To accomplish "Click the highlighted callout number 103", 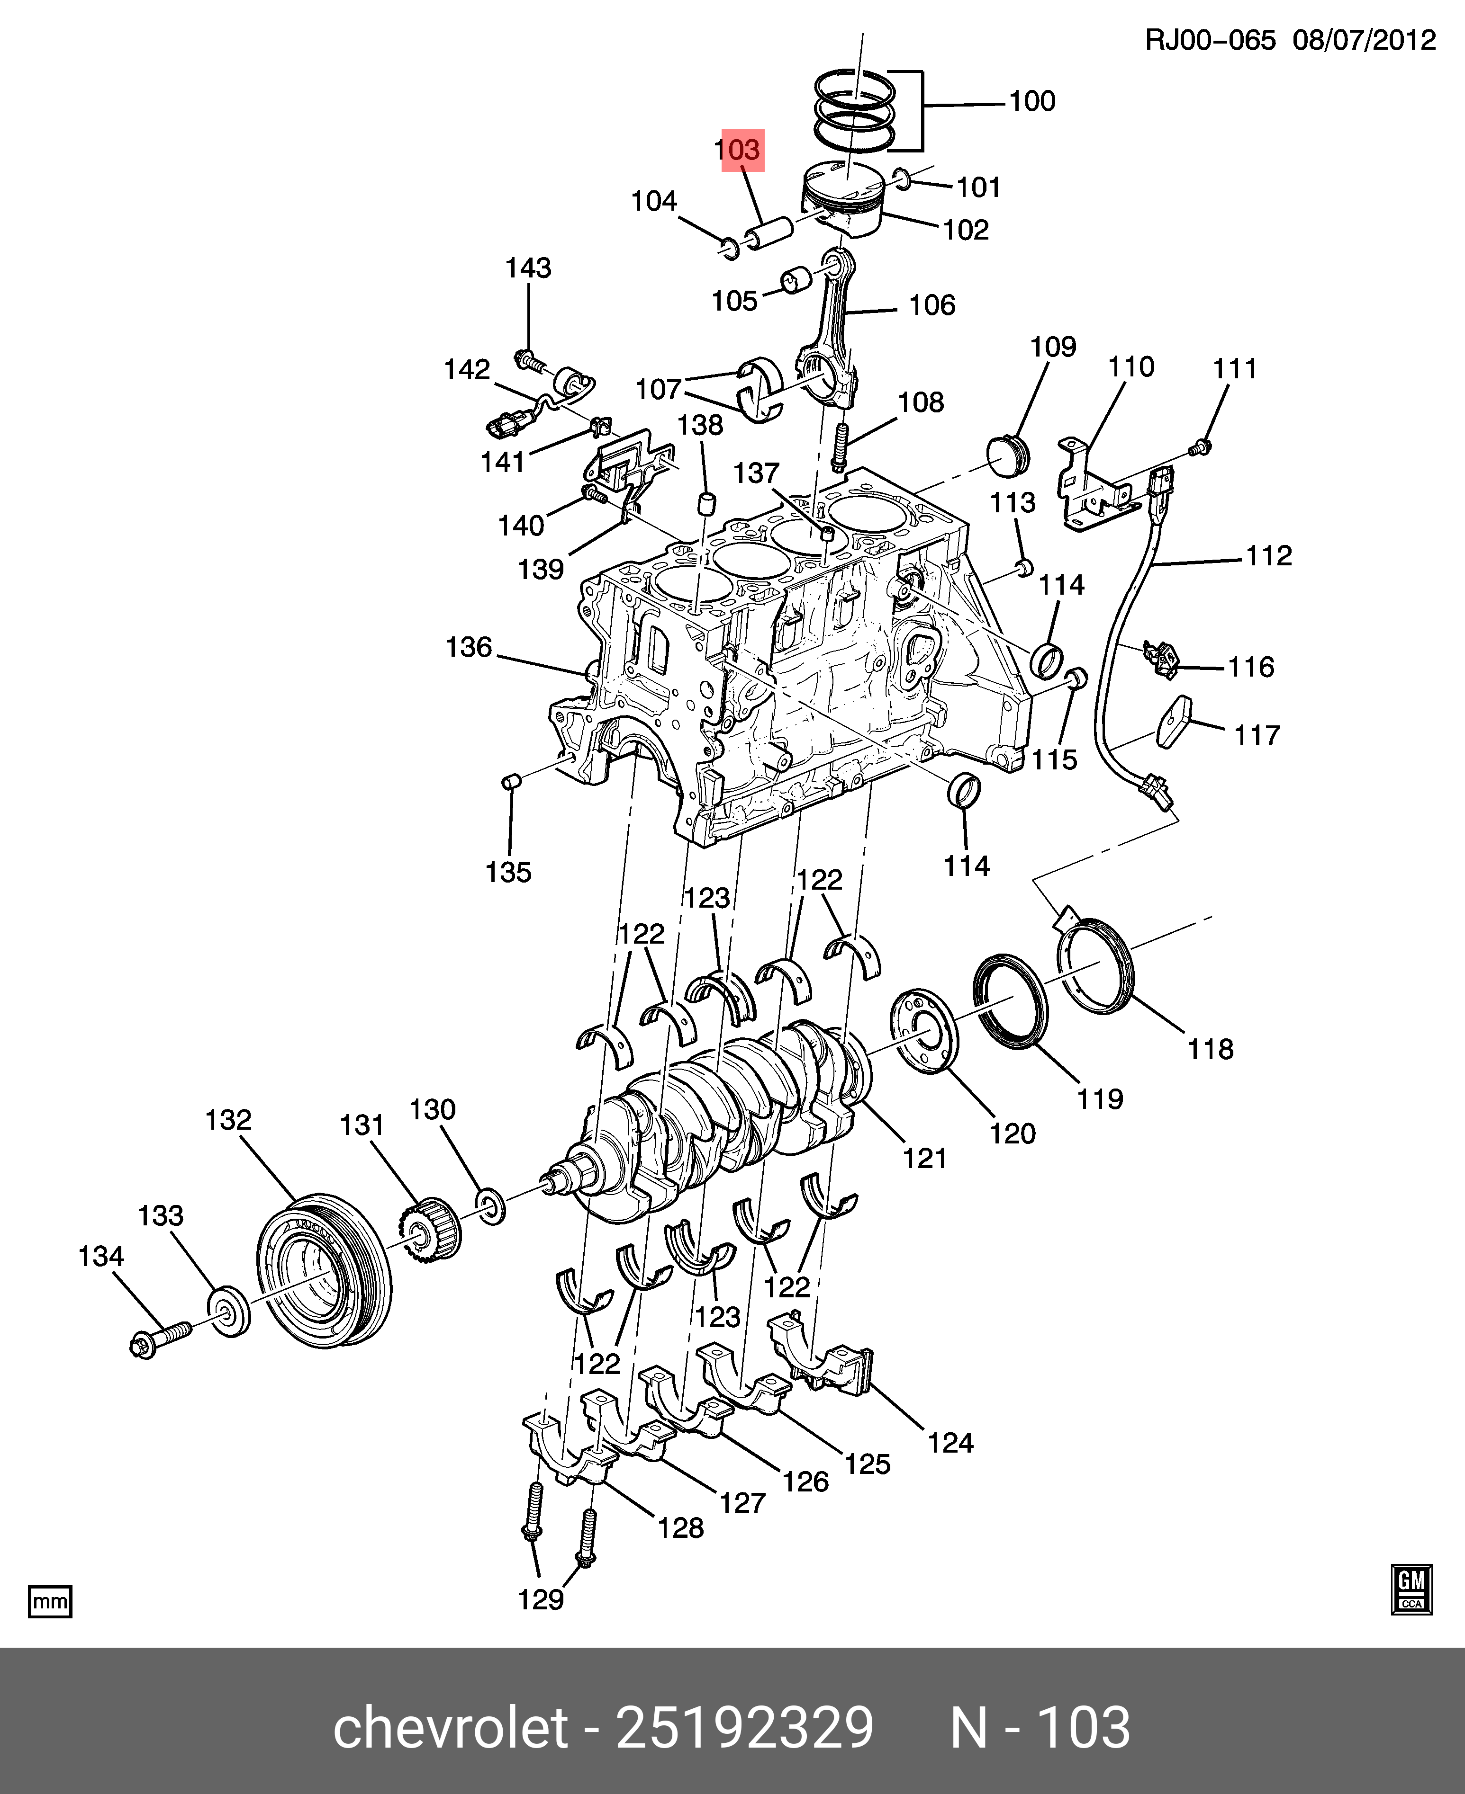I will click(741, 150).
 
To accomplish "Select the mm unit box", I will click(50, 1601).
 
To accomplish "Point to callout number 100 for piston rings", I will click(1032, 101).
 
